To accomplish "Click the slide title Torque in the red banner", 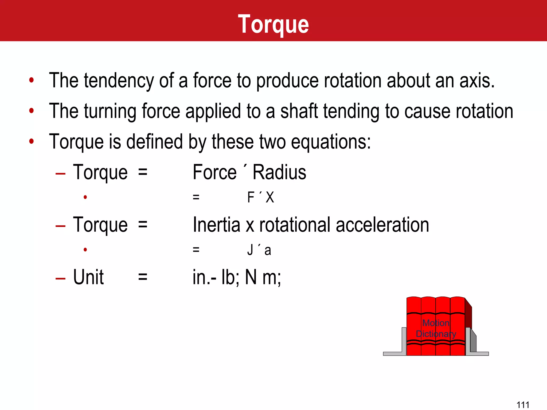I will [273, 25].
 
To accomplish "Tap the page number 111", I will [523, 405].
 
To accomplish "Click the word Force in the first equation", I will [215, 172].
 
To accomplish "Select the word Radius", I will [279, 172].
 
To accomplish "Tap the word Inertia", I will [216, 225].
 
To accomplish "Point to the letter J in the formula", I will [250, 250].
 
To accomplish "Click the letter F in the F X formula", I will [251, 198].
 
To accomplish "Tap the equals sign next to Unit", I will [143, 277].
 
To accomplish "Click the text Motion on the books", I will [436, 323].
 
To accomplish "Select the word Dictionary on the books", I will [436, 334].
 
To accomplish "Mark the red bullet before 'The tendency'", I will [32, 80].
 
